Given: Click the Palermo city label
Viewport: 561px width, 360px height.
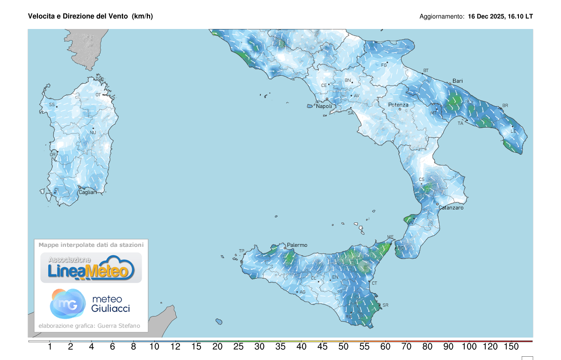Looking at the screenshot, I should [x=297, y=245].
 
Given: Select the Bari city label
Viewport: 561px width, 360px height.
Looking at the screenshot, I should [x=457, y=81].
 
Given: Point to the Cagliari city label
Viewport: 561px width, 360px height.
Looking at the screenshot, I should [x=88, y=192].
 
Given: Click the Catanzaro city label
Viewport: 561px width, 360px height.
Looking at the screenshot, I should [x=451, y=208].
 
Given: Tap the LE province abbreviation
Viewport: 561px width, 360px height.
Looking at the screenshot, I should [x=513, y=131].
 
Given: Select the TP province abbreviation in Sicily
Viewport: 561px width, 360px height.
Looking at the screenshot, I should [x=242, y=251].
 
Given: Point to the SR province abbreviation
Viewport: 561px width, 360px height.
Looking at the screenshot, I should [x=385, y=305].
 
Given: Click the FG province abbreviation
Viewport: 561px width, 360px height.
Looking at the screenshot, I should [x=384, y=65].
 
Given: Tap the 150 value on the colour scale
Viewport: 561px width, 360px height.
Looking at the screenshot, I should [x=511, y=347].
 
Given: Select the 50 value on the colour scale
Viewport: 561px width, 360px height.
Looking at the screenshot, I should [x=344, y=347].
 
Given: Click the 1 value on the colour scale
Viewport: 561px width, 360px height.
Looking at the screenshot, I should [x=50, y=347].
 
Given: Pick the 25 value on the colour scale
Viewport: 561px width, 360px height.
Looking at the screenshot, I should [x=238, y=347].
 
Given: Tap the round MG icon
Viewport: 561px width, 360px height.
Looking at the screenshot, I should [x=67, y=303].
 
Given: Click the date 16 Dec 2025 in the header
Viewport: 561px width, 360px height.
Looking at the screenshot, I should [x=485, y=16].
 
